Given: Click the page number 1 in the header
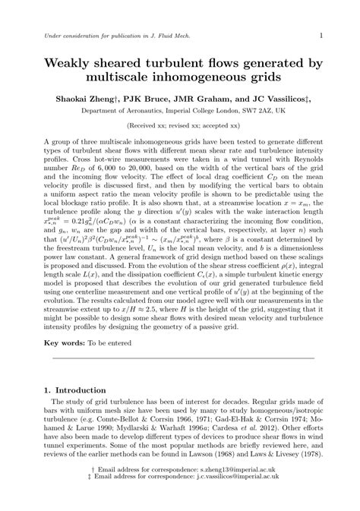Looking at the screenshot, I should point(322,34).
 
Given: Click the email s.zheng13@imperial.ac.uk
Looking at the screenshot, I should point(238,491).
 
